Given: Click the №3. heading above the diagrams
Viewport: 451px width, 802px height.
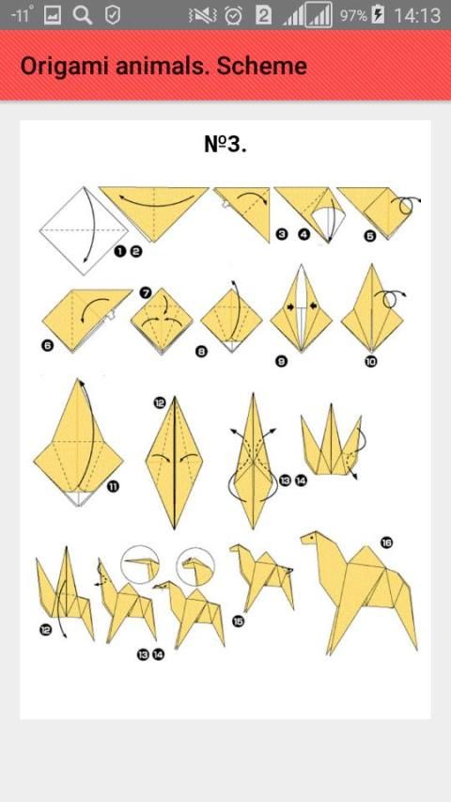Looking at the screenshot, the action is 225,144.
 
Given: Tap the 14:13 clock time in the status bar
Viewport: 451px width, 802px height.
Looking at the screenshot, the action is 417,15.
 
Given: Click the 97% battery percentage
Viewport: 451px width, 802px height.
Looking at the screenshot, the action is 353,15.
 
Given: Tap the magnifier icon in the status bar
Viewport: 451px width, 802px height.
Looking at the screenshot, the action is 83,15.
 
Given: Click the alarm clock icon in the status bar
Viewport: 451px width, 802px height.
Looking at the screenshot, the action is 234,15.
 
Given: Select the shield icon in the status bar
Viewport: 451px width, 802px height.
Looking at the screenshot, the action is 113,15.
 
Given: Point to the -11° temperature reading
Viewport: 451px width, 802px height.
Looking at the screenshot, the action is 22,14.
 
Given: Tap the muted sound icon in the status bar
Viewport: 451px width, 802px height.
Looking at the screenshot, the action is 203,16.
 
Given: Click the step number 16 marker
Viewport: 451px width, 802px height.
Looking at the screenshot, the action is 386,543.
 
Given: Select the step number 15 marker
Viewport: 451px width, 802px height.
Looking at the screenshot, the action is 239,621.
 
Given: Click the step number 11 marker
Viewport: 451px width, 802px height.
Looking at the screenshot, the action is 113,486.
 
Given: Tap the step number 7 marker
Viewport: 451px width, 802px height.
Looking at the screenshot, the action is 146,293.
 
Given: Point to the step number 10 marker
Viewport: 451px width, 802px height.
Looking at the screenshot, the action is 371,362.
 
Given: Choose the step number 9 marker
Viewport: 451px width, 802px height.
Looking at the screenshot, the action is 281,362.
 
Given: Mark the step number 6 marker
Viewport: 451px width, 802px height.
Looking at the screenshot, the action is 48,346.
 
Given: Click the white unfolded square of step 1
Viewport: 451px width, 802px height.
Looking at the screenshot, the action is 84,230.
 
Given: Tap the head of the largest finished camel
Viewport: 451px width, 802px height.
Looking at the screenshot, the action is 313,540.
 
